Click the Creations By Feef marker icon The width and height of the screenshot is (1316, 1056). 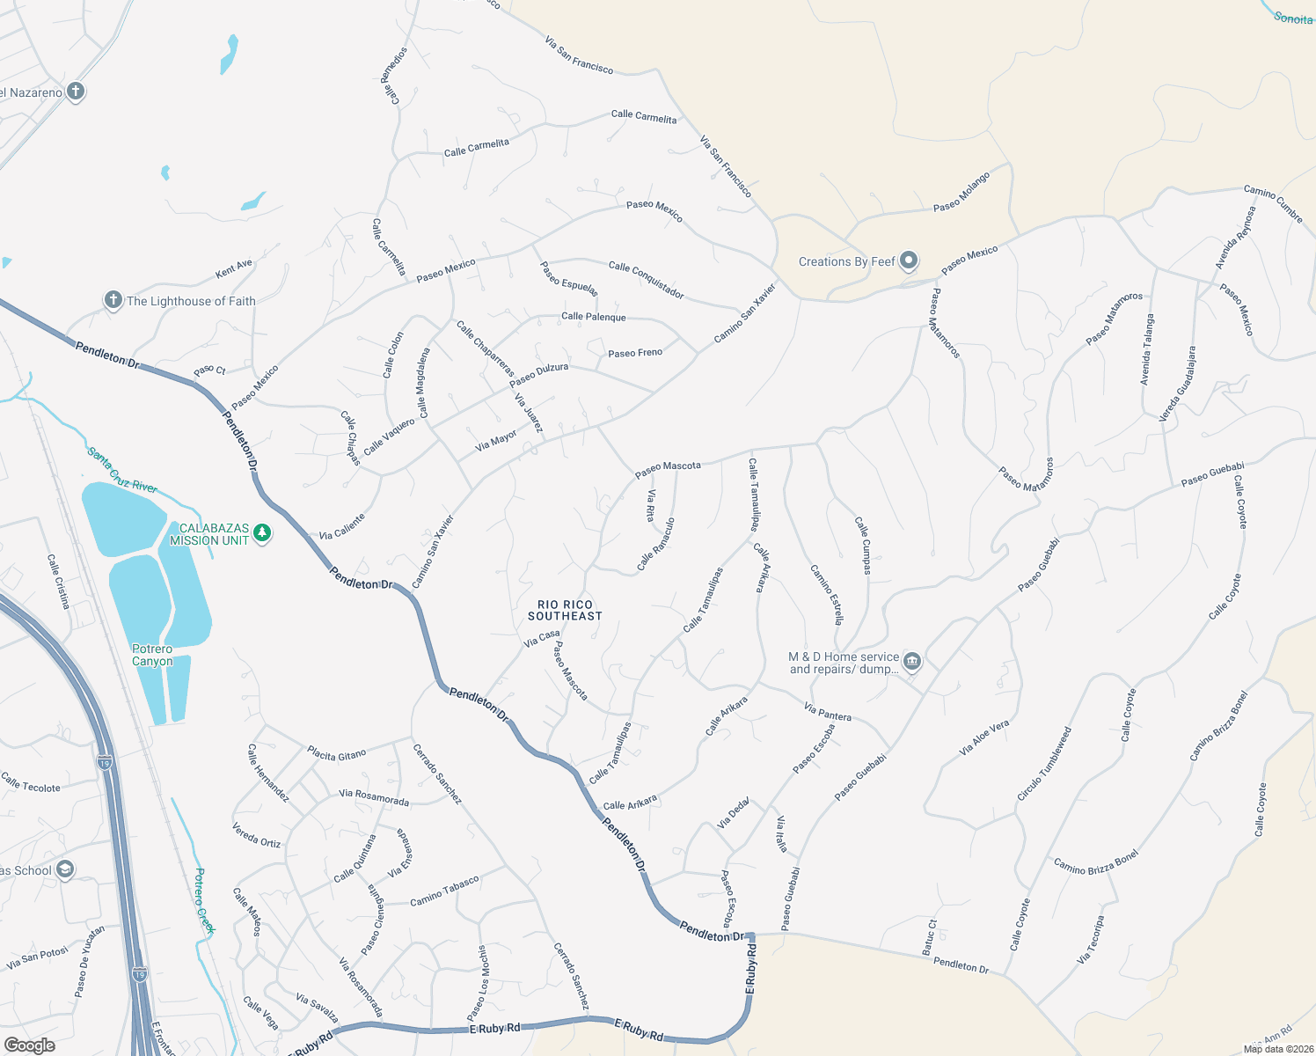(x=909, y=261)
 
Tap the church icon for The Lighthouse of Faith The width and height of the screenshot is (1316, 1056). (x=113, y=301)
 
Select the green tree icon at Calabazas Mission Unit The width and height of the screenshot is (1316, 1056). (x=262, y=533)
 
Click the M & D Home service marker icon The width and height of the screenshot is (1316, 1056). (x=912, y=662)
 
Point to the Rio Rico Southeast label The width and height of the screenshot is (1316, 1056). (x=565, y=610)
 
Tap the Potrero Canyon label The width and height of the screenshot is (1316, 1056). (x=152, y=655)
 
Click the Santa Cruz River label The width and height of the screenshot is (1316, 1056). (x=122, y=470)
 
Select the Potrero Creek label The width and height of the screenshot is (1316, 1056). (x=204, y=900)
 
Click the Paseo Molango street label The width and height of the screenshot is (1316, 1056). (x=961, y=192)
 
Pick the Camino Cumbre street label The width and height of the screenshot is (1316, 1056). (x=1273, y=204)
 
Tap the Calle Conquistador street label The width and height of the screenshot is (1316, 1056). (x=646, y=279)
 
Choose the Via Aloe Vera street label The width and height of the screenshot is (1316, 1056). (x=984, y=738)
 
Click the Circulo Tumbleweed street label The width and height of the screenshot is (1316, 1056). (x=1044, y=763)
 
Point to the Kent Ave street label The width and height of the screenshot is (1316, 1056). (x=234, y=268)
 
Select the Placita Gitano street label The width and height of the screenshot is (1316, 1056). (x=336, y=755)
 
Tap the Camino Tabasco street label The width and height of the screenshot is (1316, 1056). (x=444, y=891)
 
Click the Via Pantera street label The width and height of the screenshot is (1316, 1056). (x=828, y=712)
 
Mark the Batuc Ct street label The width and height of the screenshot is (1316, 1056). (x=930, y=937)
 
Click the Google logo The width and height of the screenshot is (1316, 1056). (x=29, y=1045)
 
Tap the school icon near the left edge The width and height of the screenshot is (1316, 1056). (x=65, y=870)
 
